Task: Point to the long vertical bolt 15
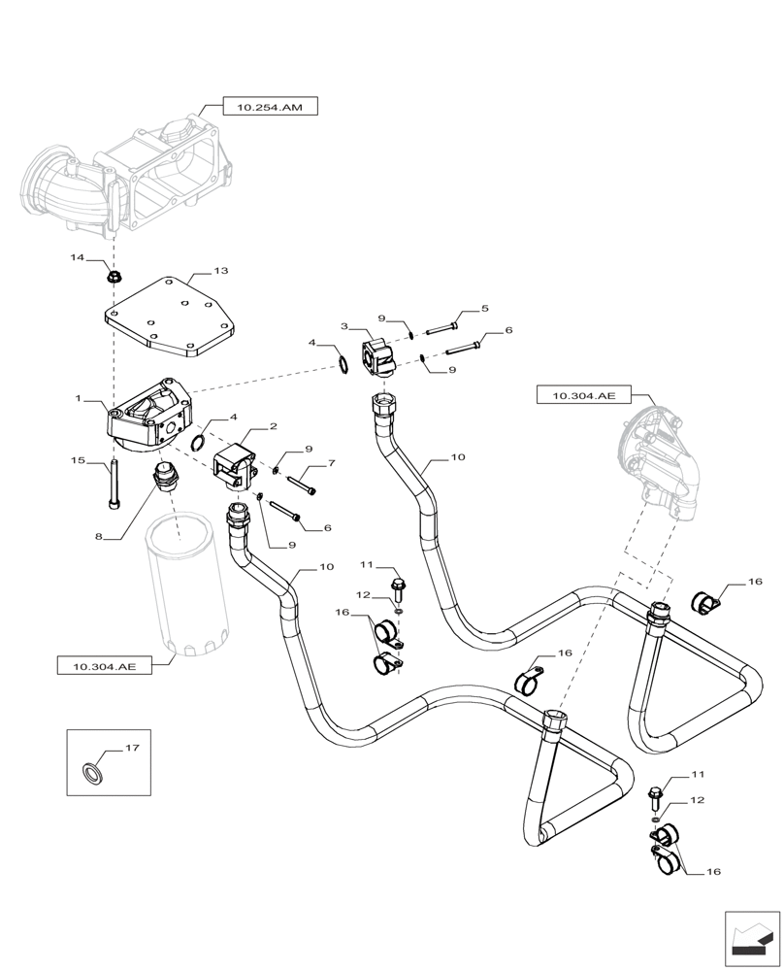tap(114, 486)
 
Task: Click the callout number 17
tap(133, 750)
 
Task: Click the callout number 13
tap(220, 271)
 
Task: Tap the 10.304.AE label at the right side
tap(583, 395)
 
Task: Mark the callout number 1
tap(78, 400)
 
